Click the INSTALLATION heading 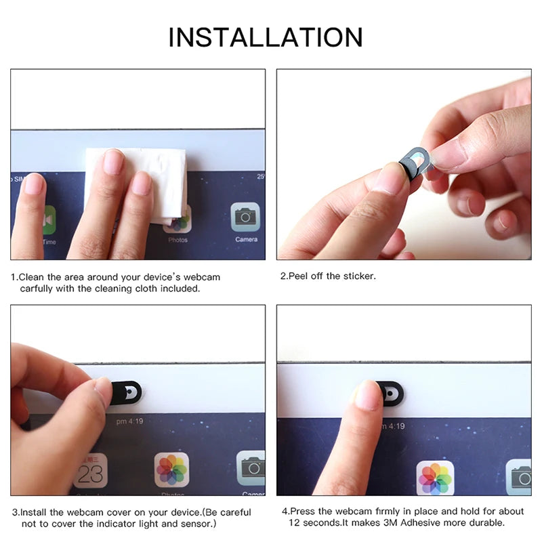click(266, 37)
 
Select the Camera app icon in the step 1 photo click(245, 217)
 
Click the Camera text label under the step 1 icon click(246, 239)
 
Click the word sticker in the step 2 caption click(360, 276)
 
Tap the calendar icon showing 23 click(90, 470)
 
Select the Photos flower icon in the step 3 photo click(171, 470)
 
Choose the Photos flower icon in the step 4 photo click(434, 478)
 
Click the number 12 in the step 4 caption click(295, 523)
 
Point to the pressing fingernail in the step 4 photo click(369, 395)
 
